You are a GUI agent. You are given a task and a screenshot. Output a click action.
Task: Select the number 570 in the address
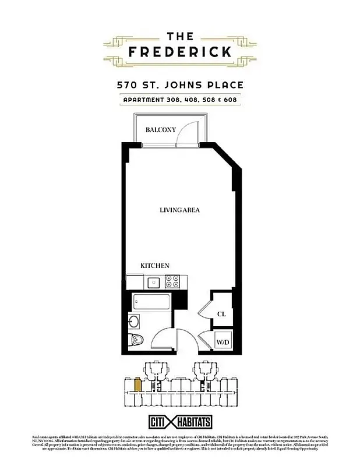128,84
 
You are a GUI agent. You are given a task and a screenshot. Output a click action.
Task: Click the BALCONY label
161,129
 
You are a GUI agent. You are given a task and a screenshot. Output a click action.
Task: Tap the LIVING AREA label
180,210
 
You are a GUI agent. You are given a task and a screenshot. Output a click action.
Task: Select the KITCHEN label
155,266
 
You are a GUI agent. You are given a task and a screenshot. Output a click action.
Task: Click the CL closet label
221,314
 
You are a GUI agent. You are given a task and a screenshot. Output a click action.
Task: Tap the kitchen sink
154,283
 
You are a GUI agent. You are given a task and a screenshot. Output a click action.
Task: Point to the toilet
135,341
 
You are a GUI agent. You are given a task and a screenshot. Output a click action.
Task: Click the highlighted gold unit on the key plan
137,384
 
